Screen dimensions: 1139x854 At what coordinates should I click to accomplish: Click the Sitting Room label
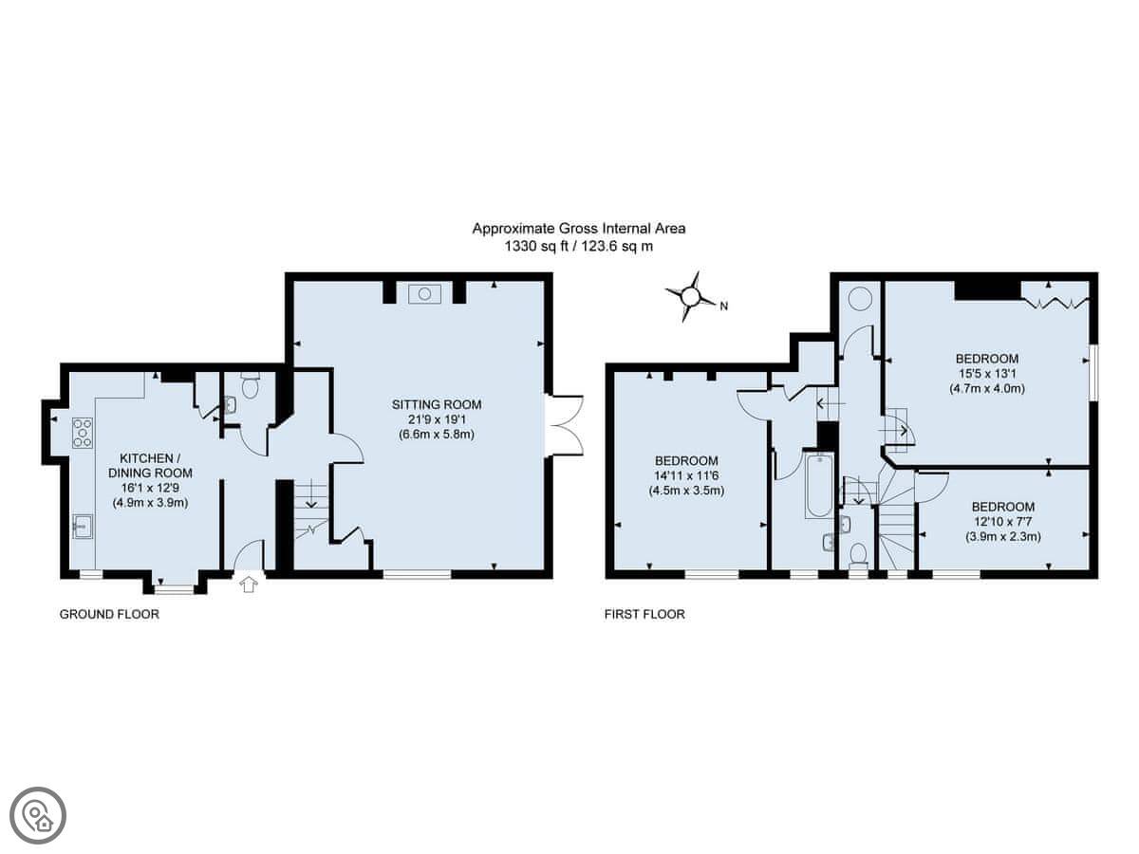pos(437,404)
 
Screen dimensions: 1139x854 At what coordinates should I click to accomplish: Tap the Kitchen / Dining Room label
pos(150,465)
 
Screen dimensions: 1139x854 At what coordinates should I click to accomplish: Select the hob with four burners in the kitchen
pos(83,433)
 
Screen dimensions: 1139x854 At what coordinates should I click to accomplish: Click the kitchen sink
pos(83,526)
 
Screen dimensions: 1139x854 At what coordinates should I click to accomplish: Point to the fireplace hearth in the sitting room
pos(424,294)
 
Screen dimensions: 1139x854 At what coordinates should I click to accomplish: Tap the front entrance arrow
pos(249,585)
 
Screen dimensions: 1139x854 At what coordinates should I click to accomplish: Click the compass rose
pos(691,297)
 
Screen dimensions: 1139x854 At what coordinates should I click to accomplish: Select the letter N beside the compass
pos(724,306)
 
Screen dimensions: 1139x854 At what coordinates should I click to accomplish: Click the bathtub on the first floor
pos(819,486)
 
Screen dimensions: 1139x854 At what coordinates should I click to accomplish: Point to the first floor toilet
pos(858,554)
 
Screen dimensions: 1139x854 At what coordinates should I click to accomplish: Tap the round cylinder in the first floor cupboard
pos(859,299)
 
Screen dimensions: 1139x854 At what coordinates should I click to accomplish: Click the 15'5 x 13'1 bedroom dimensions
pos(987,373)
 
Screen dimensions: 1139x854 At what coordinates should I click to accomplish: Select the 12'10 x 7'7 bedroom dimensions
pos(1003,522)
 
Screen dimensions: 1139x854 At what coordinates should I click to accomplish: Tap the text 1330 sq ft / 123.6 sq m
pos(579,247)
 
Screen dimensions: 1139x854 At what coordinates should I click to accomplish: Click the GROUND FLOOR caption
pos(109,615)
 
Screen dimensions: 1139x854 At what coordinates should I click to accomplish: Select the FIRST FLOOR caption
pos(644,615)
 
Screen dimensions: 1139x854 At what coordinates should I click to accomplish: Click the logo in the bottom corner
pos(38,816)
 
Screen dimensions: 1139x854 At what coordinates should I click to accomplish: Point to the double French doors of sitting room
pos(565,426)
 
